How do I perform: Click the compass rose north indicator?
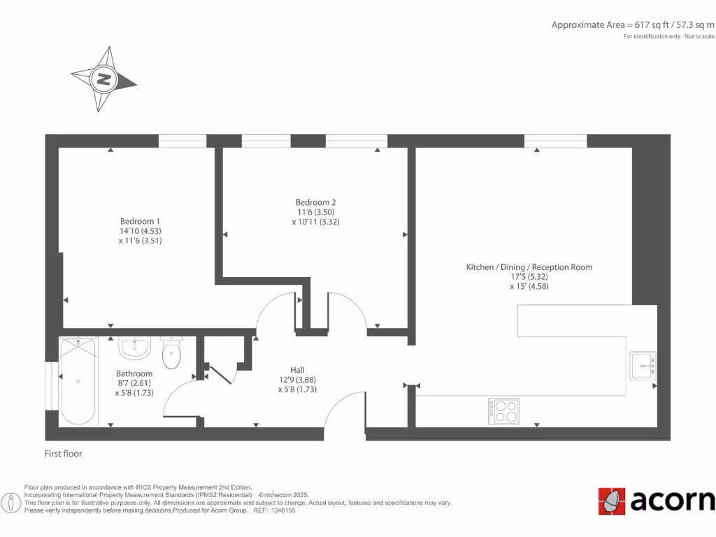click(x=103, y=79)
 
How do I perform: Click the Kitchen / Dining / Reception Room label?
click(x=529, y=267)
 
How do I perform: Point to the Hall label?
click(x=297, y=370)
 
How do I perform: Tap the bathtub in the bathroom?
click(x=78, y=380)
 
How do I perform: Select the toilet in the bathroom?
click(x=171, y=354)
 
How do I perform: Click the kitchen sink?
click(x=643, y=366)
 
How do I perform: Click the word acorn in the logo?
click(x=673, y=501)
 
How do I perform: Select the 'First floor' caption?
click(x=63, y=454)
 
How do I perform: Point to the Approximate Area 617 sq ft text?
click(x=633, y=24)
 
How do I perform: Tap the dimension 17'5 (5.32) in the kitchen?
click(x=529, y=277)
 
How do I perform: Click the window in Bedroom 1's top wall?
click(x=182, y=141)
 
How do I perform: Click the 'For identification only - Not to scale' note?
click(x=669, y=36)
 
